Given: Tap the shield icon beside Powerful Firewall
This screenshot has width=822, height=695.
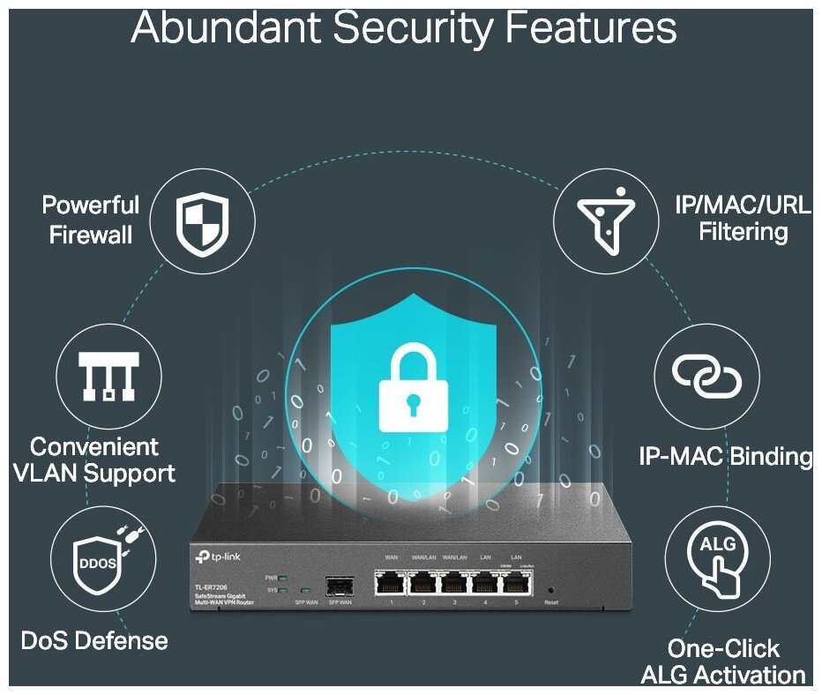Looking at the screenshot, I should (202, 221).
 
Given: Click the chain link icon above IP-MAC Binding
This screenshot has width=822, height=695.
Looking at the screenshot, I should (706, 377).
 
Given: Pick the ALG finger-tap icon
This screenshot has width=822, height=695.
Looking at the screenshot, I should (715, 557).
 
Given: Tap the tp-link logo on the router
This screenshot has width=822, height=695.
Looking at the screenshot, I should (225, 557).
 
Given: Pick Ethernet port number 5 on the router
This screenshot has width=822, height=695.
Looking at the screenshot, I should (516, 582).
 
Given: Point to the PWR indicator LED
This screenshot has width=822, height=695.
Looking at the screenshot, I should (282, 578).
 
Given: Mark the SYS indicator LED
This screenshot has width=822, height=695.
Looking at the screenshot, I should (282, 589).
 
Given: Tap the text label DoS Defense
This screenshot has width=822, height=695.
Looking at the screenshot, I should (94, 640).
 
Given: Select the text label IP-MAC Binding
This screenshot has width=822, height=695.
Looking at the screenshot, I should (725, 456).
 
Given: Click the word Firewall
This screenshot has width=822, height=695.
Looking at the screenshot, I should (92, 235).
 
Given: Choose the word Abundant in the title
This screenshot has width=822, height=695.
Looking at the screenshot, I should (225, 28).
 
